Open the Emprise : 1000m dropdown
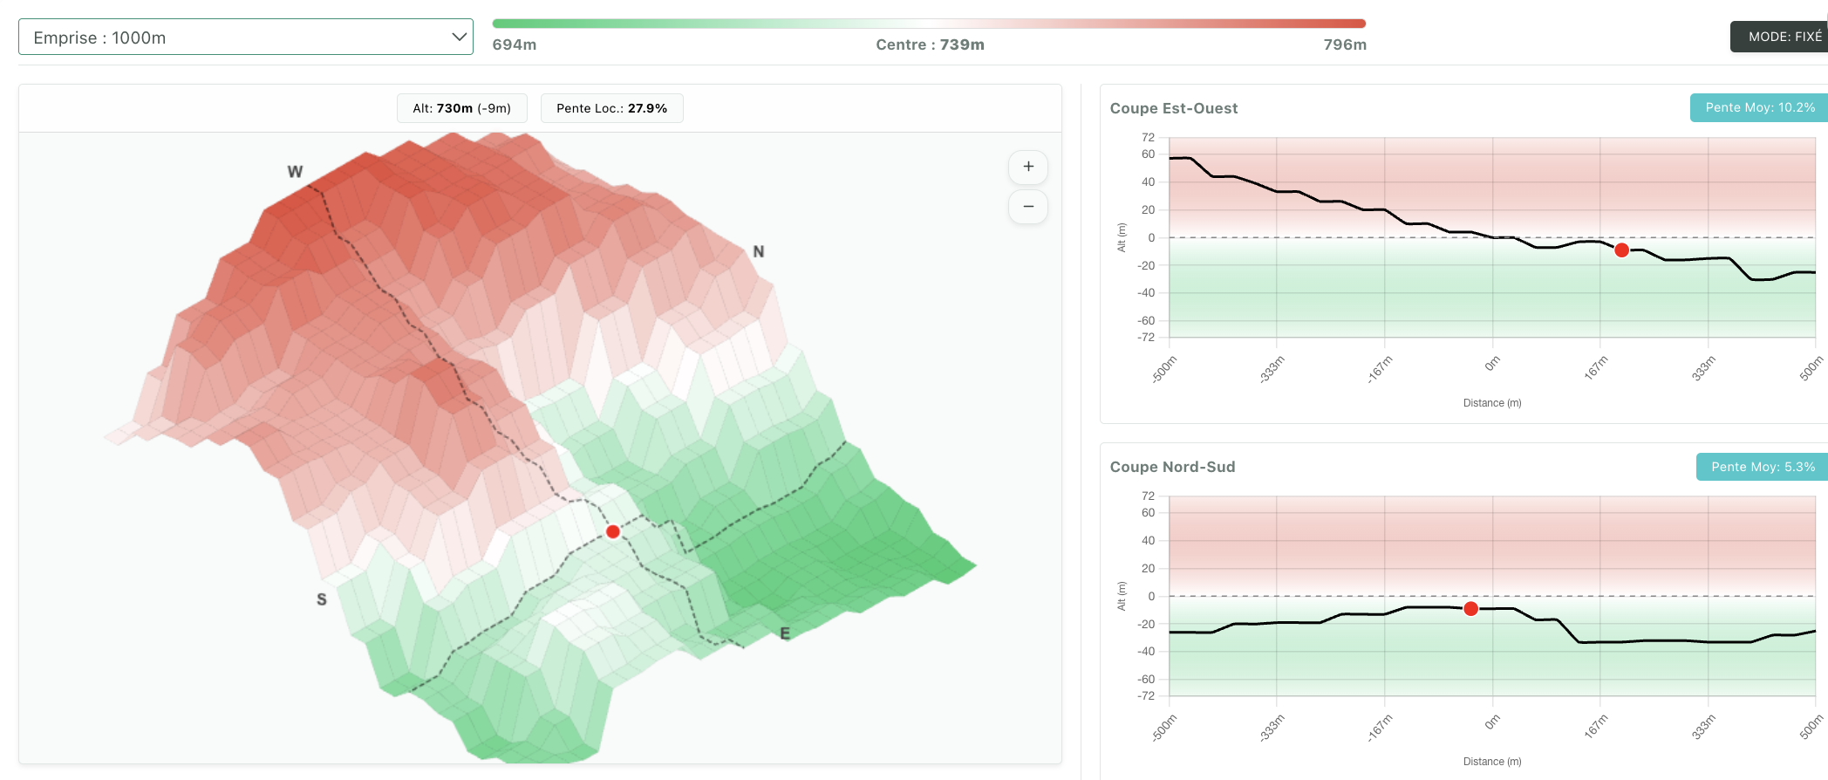click(245, 37)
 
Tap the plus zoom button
click(1028, 167)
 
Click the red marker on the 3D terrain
click(613, 531)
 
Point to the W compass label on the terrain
click(295, 172)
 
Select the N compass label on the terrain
click(759, 251)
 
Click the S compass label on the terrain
click(322, 599)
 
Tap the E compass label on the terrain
click(785, 633)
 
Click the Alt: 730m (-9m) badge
click(462, 108)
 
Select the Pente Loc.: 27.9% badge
click(612, 108)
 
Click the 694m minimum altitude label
click(515, 44)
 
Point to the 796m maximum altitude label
click(1345, 44)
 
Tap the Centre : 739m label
click(930, 44)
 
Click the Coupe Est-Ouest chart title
click(1174, 108)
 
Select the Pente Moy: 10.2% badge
click(1759, 107)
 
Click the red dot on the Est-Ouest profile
click(1621, 250)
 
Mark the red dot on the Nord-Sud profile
click(1470, 609)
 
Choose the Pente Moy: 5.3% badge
click(1762, 467)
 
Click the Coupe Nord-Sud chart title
click(1172, 467)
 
